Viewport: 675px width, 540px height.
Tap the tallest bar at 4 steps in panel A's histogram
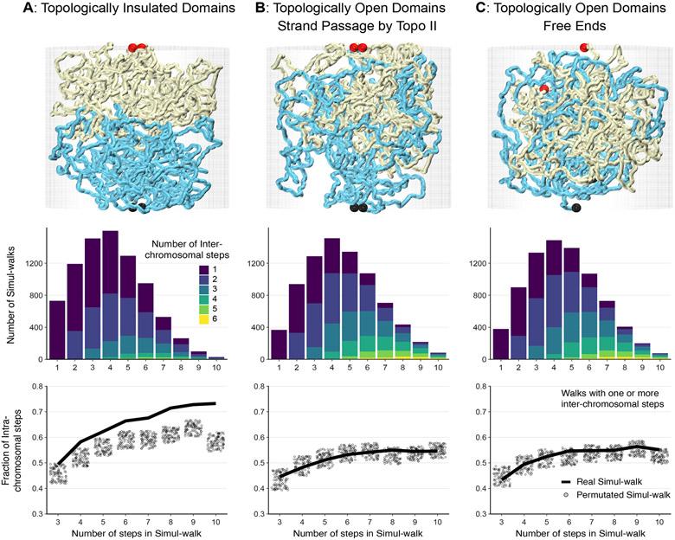[x=110, y=294]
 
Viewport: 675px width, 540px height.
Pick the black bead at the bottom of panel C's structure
[x=576, y=208]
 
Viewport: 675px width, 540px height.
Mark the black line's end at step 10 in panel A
[x=213, y=403]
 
